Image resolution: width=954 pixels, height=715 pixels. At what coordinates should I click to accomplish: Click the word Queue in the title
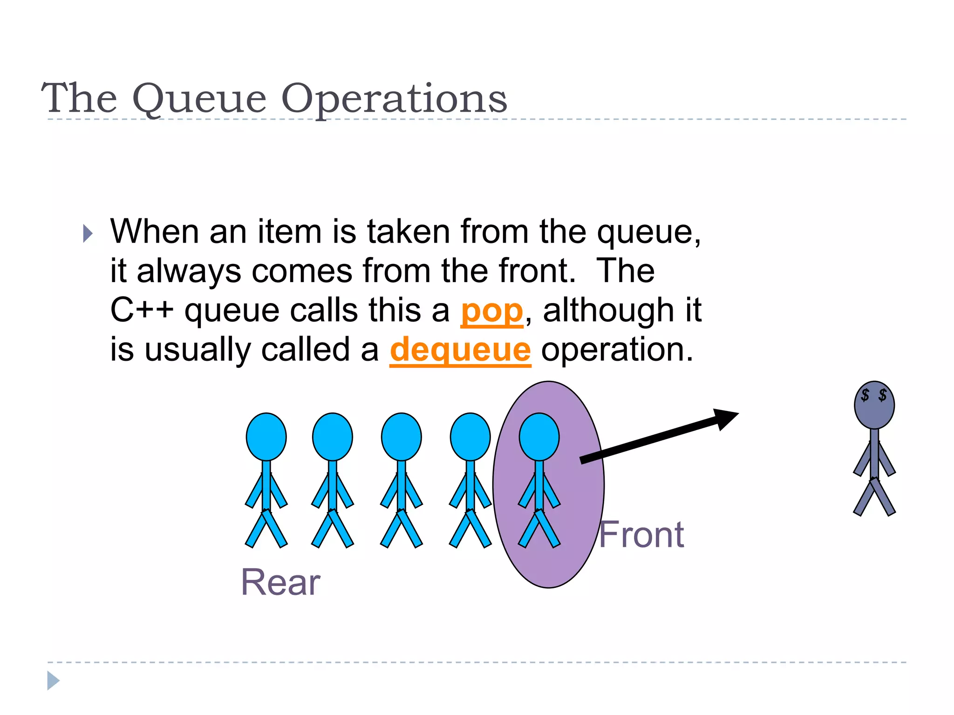pos(199,99)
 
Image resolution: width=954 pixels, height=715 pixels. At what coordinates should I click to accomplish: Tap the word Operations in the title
pos(394,99)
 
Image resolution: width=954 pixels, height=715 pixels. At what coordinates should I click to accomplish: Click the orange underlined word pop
pos(492,310)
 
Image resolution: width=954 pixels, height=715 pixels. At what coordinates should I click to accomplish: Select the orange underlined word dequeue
pos(460,350)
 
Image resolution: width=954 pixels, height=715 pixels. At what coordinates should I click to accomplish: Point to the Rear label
pos(280,582)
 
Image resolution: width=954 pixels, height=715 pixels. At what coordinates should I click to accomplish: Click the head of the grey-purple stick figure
pos(874,405)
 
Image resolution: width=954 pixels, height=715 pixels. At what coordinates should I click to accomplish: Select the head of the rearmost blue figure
pos(266,437)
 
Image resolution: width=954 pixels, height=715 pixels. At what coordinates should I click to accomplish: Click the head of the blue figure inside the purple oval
pos(539,437)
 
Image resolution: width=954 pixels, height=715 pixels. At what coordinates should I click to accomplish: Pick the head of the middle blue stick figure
pos(401,437)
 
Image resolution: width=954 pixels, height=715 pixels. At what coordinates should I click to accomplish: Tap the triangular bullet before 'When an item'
pos(88,233)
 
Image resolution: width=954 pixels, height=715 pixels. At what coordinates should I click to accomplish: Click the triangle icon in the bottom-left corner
pos(53,681)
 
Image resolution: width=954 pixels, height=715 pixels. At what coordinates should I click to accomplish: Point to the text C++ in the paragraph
pos(142,310)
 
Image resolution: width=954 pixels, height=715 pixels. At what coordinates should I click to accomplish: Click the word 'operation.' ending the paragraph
pos(617,350)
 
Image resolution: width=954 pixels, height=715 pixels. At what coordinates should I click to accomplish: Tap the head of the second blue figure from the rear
pos(332,437)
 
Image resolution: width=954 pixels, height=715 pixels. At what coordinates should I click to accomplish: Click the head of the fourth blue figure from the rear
pos(470,437)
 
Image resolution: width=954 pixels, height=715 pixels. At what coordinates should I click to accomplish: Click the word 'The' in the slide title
pos(79,99)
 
